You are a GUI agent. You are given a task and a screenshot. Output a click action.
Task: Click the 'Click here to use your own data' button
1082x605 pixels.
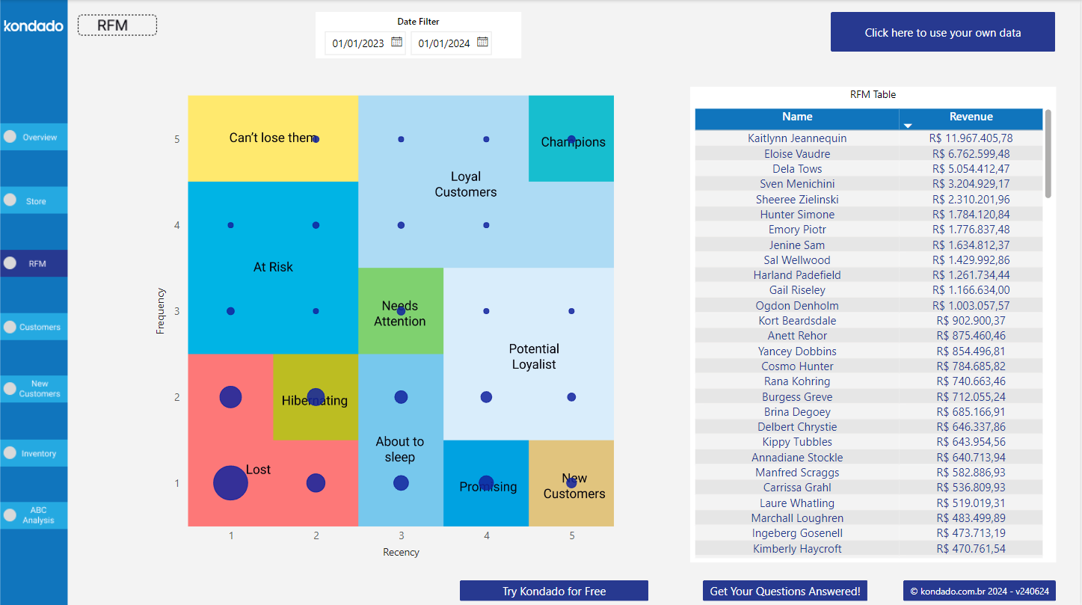coord(942,32)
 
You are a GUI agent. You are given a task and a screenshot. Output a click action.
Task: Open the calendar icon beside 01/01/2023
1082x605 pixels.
coord(396,43)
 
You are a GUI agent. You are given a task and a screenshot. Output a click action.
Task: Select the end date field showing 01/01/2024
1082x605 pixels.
coord(444,43)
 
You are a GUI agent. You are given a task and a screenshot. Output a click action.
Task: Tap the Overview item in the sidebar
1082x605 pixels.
coord(34,138)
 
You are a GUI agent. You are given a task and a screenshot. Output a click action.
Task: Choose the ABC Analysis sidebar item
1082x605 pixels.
coord(34,515)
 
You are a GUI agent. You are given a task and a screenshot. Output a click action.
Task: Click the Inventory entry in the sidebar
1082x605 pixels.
coord(34,453)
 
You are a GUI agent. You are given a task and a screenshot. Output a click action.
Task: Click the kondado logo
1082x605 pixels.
coord(34,26)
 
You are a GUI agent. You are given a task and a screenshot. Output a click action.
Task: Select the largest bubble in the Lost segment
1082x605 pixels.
coord(230,483)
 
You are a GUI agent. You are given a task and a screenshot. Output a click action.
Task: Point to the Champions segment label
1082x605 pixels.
coord(573,142)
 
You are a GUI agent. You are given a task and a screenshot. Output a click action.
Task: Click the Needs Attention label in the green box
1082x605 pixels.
coord(400,314)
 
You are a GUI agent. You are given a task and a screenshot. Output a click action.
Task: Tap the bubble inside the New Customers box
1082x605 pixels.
coord(571,483)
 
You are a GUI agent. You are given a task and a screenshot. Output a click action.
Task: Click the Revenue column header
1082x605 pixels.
coord(971,117)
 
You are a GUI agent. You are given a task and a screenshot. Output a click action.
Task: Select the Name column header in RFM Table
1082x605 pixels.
coord(797,117)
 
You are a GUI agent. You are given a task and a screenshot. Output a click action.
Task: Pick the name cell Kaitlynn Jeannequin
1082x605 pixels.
coord(797,138)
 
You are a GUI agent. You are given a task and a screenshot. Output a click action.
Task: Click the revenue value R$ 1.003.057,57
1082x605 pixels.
coord(971,306)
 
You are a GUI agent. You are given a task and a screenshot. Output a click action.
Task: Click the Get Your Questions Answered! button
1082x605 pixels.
coord(785,591)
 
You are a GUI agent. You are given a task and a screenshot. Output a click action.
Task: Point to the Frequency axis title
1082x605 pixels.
coord(160,311)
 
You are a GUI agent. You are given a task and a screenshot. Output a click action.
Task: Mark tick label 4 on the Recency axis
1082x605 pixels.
coord(487,535)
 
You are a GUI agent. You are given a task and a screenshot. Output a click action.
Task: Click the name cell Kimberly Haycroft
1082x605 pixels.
coord(797,549)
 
